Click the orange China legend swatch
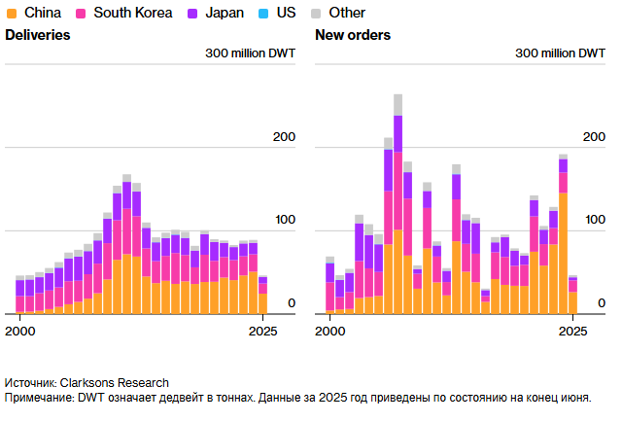coord(13,13)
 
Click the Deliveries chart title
coord(38,35)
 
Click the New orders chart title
coord(353,35)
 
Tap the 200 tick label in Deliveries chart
coord(284,137)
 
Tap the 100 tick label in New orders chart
coord(594,220)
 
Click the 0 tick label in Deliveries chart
coord(291,303)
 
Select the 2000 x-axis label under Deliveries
coord(19,331)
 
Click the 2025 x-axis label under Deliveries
coord(260,331)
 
